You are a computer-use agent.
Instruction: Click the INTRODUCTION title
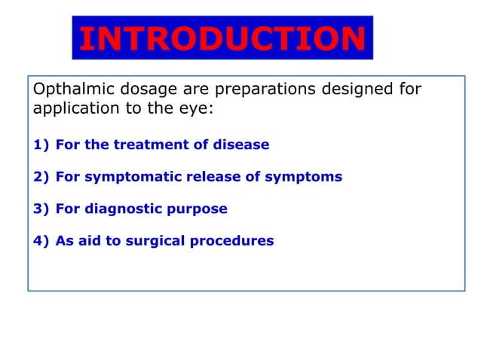(222, 39)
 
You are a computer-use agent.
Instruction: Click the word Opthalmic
(69, 90)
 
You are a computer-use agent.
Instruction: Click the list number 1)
(41, 145)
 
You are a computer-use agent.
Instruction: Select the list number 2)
(41, 177)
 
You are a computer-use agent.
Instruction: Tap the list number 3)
(41, 209)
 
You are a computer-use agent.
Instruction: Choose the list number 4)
(41, 242)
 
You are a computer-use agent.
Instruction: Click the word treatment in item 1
(146, 145)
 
